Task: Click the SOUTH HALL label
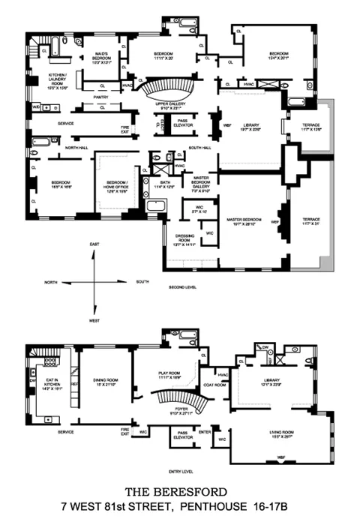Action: coord(199,148)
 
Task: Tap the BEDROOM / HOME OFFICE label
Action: coord(116,184)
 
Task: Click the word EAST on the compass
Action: coord(94,245)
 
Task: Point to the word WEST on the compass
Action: coord(94,319)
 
